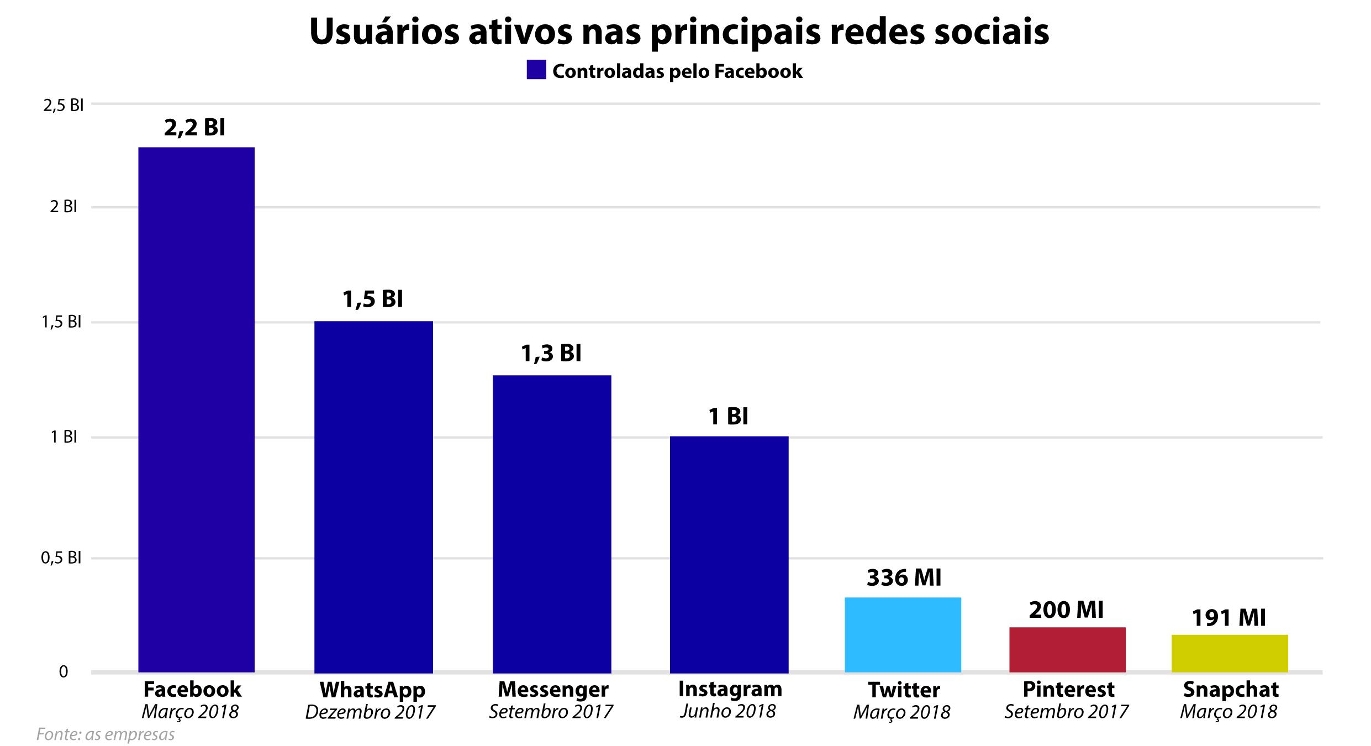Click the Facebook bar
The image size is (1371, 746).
tap(196, 409)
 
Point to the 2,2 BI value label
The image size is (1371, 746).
tap(194, 128)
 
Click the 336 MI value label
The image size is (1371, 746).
tap(904, 577)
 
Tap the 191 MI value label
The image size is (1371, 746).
tap(1228, 618)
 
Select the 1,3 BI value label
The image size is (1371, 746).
tap(551, 353)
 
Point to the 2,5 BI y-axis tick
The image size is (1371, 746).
tap(63, 104)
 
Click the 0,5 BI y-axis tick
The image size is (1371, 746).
tap(61, 558)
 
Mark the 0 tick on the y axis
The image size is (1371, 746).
tap(64, 672)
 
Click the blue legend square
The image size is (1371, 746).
tap(536, 70)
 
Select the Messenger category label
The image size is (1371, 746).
tap(553, 690)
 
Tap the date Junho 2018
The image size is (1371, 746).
tap(728, 711)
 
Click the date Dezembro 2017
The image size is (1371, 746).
tap(370, 712)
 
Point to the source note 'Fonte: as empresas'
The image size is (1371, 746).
tap(106, 734)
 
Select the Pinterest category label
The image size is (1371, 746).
tap(1068, 690)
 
